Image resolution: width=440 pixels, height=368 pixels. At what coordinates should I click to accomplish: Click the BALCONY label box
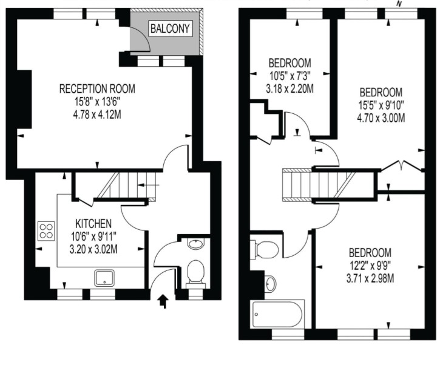coord(171,28)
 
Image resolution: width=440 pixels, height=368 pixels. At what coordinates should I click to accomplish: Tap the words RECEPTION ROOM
coord(97,89)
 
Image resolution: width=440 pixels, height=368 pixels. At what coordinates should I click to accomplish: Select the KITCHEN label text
coord(93,224)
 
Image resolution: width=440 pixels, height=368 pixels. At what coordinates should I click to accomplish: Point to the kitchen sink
coord(104,278)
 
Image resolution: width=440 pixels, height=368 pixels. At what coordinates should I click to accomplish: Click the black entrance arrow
coord(163,301)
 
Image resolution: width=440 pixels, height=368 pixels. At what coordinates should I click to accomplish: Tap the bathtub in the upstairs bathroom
coord(278,315)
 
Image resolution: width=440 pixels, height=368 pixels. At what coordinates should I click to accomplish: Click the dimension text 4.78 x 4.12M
coord(97,115)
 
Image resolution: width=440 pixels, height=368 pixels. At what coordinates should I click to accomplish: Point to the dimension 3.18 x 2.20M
coord(290,89)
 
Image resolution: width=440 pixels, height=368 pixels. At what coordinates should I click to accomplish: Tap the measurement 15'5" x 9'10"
coord(381,105)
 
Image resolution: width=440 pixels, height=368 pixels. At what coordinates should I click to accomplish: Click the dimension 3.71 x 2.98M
coord(370,279)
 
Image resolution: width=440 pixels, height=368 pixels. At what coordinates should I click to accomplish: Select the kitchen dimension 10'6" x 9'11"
coord(93,236)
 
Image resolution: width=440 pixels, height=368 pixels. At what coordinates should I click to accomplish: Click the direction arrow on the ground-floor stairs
coord(149,185)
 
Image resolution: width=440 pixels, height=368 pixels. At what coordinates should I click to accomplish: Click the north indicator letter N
coord(399,4)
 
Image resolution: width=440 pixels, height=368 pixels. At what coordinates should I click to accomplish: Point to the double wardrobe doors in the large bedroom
coord(402,166)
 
